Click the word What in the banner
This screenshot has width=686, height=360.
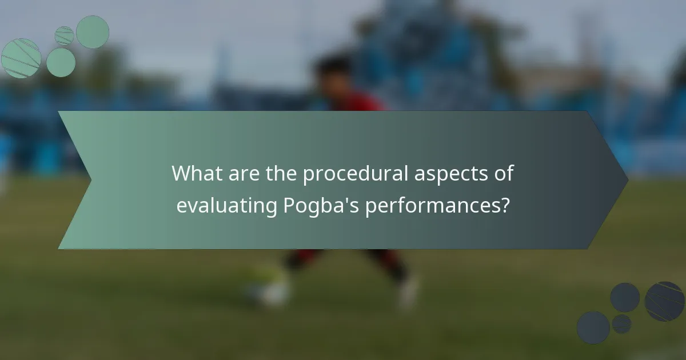click(x=198, y=174)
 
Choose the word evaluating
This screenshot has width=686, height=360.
click(x=227, y=206)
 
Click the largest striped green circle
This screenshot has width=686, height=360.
click(x=21, y=58)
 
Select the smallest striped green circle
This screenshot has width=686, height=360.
click(x=64, y=35)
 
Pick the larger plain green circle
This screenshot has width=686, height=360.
click(x=93, y=32)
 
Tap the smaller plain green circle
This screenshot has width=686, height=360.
click(x=61, y=62)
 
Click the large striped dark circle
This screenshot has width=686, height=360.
click(x=664, y=301)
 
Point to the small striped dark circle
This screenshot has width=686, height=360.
click(x=621, y=324)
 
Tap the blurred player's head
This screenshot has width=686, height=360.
click(x=334, y=74)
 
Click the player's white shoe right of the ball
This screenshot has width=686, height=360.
click(x=409, y=291)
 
